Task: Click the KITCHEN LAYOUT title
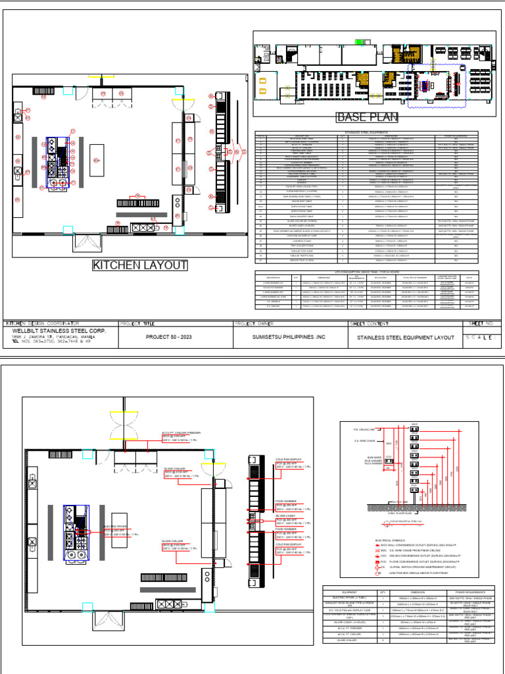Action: tap(140, 266)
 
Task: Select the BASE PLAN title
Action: tap(368, 118)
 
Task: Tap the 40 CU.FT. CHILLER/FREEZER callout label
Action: tap(181, 432)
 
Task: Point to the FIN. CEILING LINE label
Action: tap(353, 429)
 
